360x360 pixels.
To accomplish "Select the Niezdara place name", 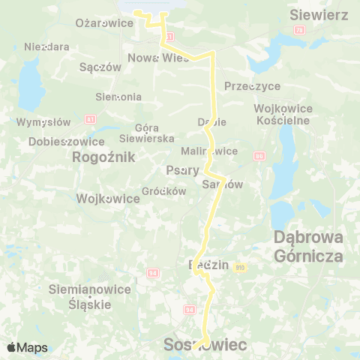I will point(46,46).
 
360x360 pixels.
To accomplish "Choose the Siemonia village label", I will point(118,97).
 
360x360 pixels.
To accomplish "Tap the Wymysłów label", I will point(43,122).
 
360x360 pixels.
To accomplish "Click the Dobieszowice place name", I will point(55,141).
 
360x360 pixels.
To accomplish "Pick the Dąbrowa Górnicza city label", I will point(309,246).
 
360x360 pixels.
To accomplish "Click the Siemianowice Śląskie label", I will point(79,297).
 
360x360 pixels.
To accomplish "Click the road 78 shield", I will point(299,30).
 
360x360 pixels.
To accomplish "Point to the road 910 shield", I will point(240,268).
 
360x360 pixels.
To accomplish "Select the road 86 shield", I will point(260,156).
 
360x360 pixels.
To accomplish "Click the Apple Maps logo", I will point(27,347).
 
